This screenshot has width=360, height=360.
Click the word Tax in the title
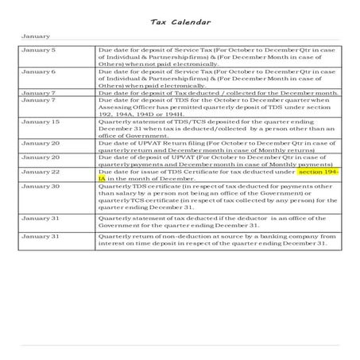[x=159, y=21]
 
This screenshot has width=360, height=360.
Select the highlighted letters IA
[x=100, y=178]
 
